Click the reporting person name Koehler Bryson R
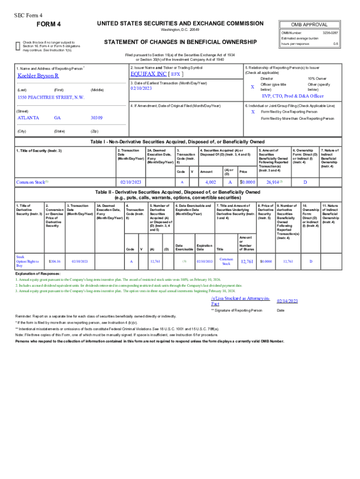[38, 75]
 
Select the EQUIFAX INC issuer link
[149, 74]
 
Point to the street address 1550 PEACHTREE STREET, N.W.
[50, 97]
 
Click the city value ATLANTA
[28, 118]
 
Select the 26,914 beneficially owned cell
[274, 182]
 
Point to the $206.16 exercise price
[55, 261]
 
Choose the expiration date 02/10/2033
[204, 261]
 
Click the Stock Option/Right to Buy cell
[28, 261]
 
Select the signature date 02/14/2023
[287, 301]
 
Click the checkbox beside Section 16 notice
[18, 45]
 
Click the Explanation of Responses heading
[38, 273]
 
